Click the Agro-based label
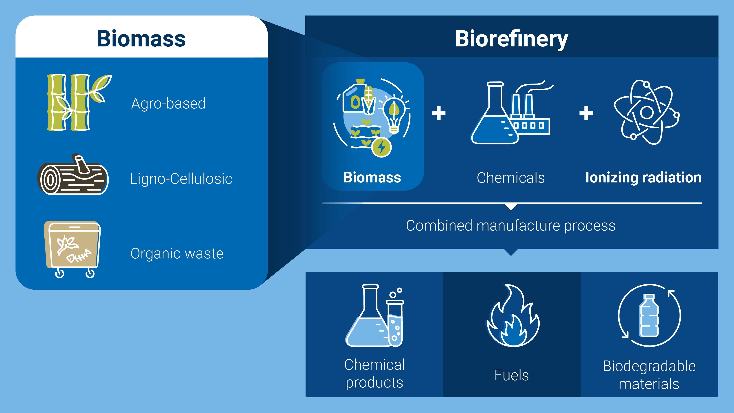click(x=168, y=104)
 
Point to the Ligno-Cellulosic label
click(x=181, y=179)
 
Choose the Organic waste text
click(x=177, y=253)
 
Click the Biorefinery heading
click(x=511, y=39)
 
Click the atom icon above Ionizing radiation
click(x=646, y=112)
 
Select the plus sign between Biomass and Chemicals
click(x=439, y=113)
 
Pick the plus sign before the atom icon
click(x=586, y=113)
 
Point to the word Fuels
click(x=512, y=375)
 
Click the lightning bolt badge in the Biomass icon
click(x=381, y=147)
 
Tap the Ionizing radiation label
click(x=643, y=177)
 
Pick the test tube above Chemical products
click(x=395, y=323)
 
